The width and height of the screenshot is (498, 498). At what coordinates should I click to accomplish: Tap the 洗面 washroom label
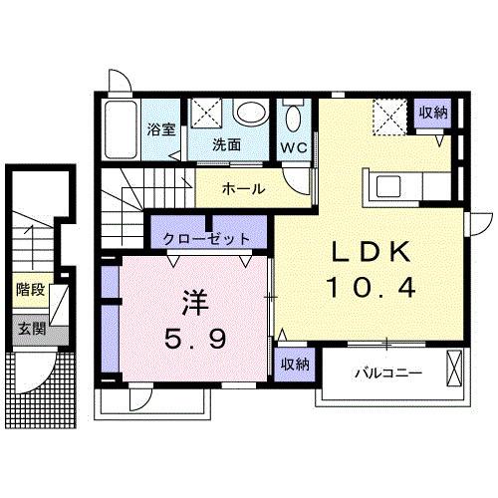click(226, 143)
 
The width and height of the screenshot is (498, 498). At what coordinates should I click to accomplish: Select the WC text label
click(293, 147)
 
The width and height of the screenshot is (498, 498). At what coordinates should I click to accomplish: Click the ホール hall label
click(242, 187)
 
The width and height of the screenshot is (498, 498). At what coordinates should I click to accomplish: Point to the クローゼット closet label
click(208, 239)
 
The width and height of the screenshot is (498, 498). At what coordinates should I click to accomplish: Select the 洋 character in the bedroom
click(194, 302)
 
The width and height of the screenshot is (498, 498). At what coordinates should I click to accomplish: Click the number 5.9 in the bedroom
click(195, 339)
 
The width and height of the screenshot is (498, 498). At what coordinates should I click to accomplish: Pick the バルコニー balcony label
click(387, 374)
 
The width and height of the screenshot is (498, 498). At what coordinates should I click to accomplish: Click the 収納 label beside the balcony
click(293, 364)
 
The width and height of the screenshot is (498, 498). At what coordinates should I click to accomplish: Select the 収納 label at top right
click(432, 113)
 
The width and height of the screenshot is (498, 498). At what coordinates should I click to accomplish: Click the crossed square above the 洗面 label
click(207, 114)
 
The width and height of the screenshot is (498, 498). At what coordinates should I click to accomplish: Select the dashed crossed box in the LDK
click(389, 117)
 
